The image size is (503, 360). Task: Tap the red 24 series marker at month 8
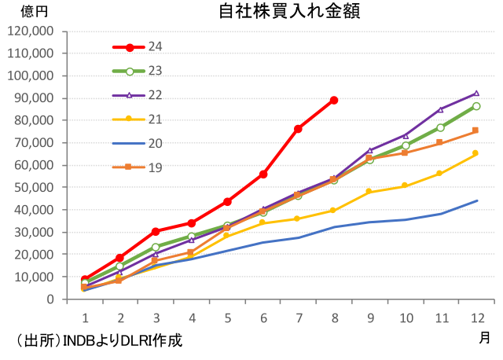[x=334, y=101]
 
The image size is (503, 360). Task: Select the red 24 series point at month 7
[x=299, y=128]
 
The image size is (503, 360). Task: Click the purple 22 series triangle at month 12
[x=475, y=94]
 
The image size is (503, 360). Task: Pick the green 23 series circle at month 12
[x=475, y=106]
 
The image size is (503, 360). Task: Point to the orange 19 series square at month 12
[x=475, y=130]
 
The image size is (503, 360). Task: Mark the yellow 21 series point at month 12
[x=475, y=153]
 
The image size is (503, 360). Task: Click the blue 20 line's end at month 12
[x=477, y=200]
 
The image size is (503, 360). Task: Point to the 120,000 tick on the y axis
[x=29, y=31]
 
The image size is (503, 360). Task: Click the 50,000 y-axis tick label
[x=32, y=188]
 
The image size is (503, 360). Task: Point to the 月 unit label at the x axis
[x=485, y=337]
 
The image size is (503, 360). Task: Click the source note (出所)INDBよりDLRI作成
[x=94, y=341]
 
